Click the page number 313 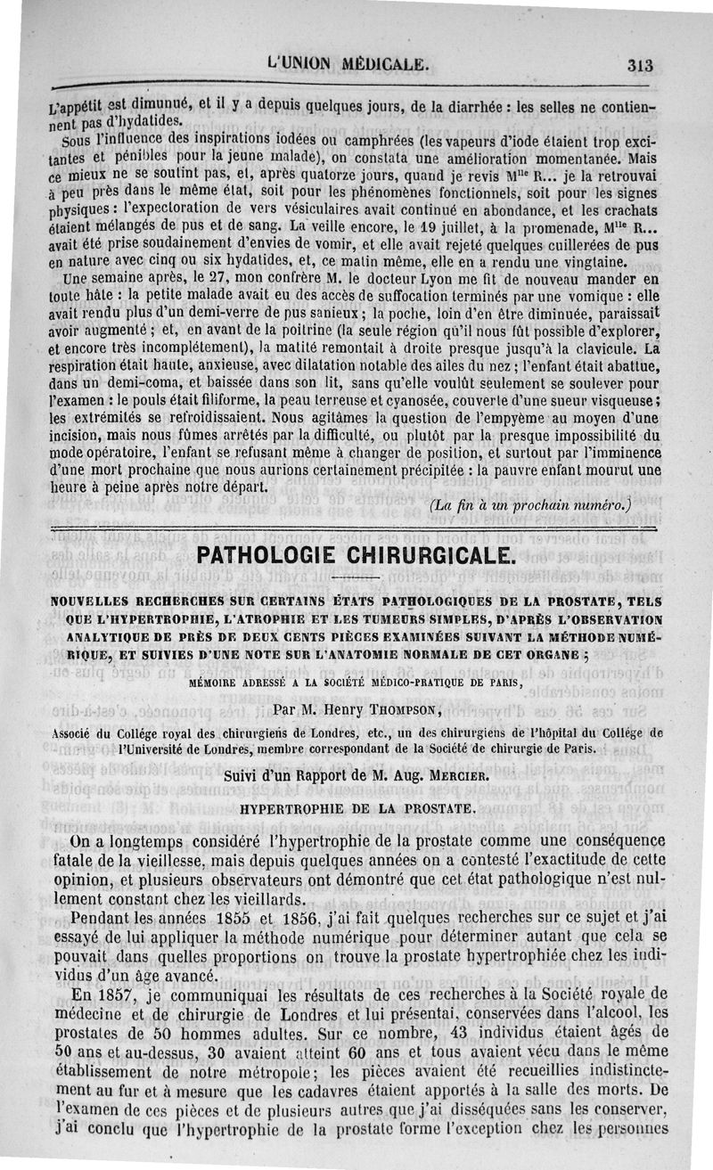(640, 64)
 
